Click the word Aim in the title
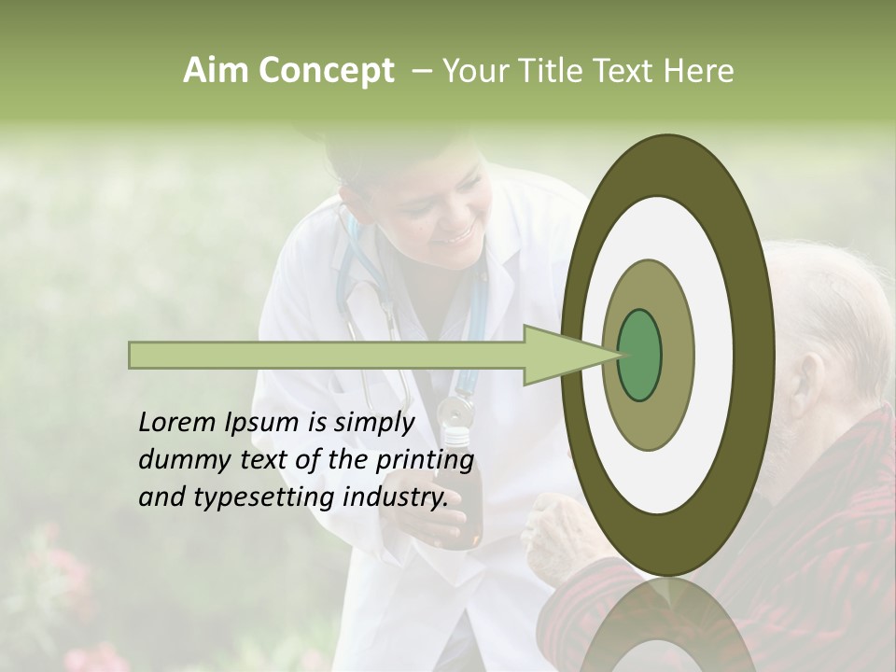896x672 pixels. (x=217, y=71)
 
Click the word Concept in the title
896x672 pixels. (x=326, y=71)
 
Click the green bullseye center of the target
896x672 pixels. (x=639, y=355)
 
